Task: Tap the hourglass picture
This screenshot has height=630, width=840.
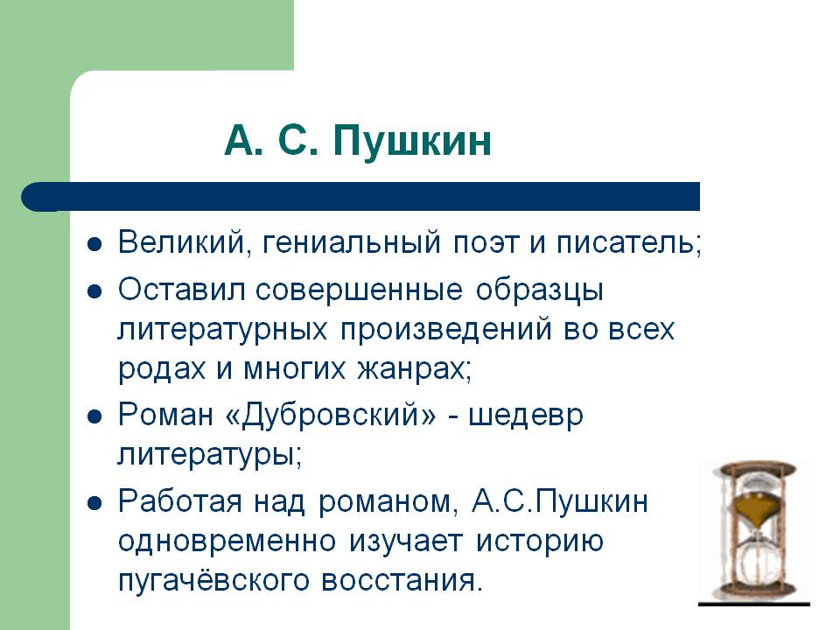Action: coord(754,532)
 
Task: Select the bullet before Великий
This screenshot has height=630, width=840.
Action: coord(94,245)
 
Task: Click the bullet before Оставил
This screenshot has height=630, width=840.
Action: coord(94,292)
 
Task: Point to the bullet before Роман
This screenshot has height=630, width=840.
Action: coord(94,416)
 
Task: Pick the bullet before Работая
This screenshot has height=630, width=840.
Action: coord(94,504)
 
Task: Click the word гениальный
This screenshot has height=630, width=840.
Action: coord(352,242)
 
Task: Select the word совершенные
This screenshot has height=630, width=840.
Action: coord(359,290)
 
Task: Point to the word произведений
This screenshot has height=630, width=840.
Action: coord(445,330)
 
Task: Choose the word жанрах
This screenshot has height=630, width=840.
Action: coord(411,369)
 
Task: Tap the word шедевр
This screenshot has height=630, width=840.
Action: coord(526,416)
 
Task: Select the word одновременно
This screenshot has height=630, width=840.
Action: coord(227,541)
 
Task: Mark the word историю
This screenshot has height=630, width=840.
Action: coord(540,541)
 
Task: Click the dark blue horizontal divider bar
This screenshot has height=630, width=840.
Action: coord(360,197)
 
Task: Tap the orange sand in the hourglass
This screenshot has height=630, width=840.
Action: coord(753,509)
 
